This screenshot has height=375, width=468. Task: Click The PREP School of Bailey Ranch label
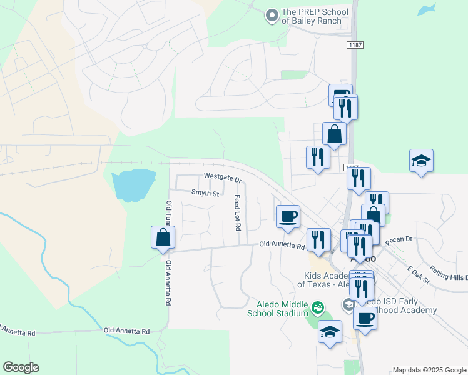coord(312,16)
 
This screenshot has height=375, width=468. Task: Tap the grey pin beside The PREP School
coord(272,16)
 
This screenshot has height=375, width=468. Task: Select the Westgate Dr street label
coord(222,177)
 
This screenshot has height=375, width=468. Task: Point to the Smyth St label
coord(205,194)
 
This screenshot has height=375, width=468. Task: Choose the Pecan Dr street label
coord(400,239)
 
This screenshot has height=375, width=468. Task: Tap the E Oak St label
coord(419,274)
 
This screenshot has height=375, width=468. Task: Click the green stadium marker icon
coord(318,307)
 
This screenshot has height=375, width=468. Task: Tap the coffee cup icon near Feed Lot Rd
coord(288,216)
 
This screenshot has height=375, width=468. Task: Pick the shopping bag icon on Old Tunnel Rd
coord(163,237)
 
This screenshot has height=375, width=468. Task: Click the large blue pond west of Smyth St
coord(133,185)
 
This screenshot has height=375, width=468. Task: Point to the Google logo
coord(21,367)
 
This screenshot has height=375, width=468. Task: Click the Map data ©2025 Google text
coord(429,370)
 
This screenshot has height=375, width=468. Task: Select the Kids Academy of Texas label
coord(320,280)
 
